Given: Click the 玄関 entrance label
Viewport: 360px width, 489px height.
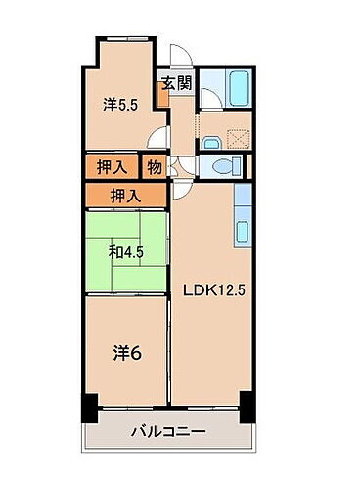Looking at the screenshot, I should pyautogui.click(x=176, y=83).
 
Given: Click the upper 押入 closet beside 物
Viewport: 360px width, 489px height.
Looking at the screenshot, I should pyautogui.click(x=112, y=166).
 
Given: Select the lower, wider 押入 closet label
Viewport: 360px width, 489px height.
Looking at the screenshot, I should pyautogui.click(x=125, y=195).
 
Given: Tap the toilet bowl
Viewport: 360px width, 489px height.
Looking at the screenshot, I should pyautogui.click(x=225, y=167).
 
